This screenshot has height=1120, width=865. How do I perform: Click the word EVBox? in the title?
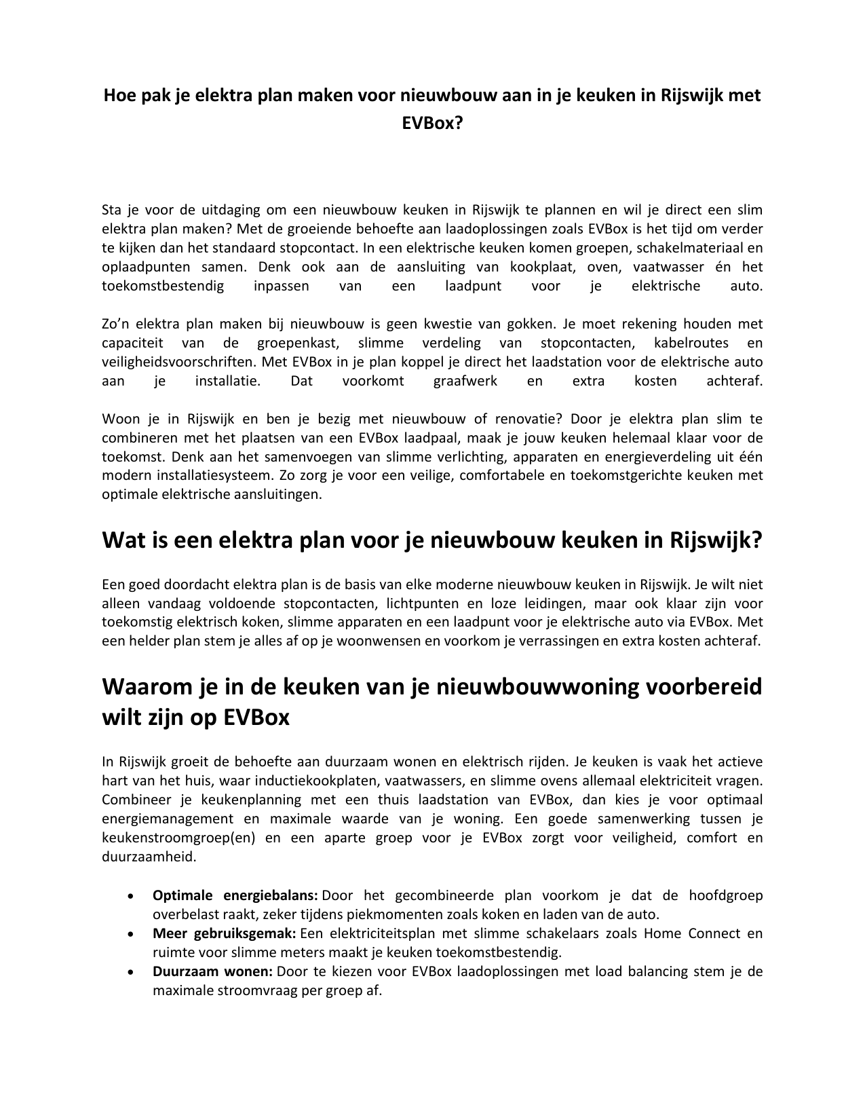click(432, 124)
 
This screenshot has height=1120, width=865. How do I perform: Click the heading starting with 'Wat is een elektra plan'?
click(432, 541)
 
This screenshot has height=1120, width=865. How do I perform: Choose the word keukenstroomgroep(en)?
click(178, 838)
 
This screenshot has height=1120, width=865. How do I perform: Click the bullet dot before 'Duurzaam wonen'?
click(129, 972)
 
